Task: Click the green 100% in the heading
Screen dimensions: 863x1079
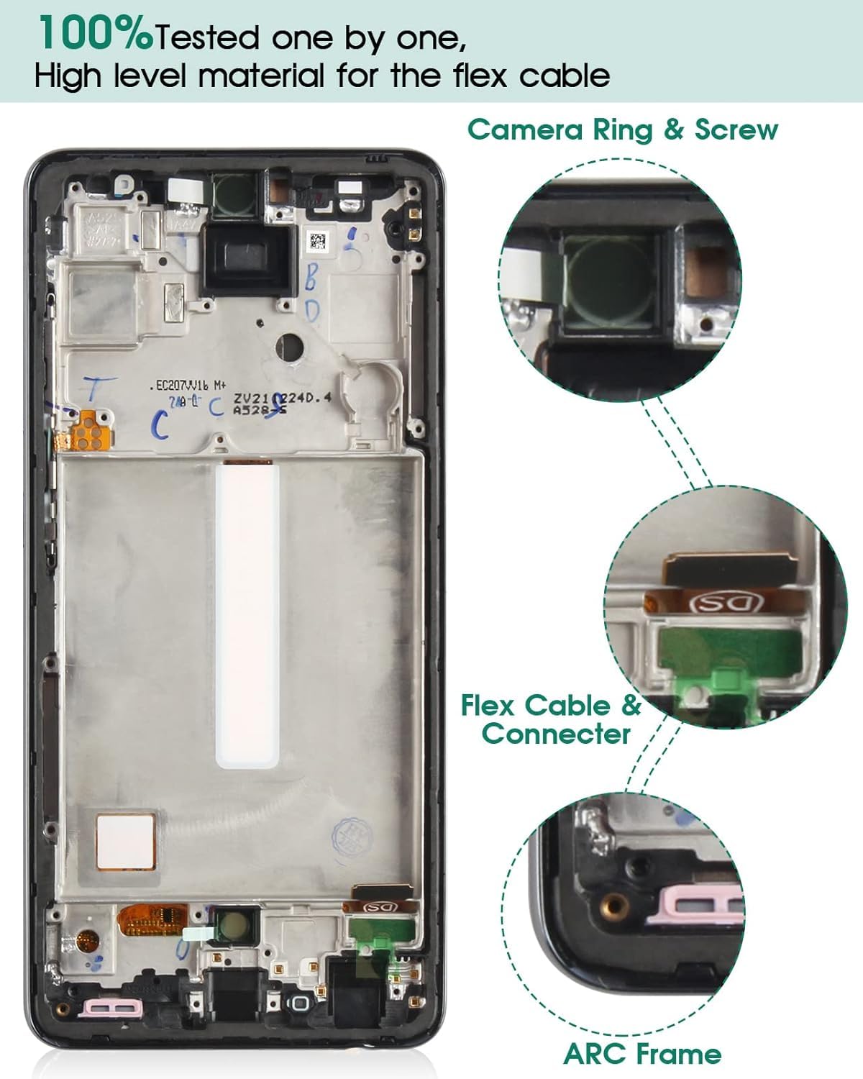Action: [x=95, y=35]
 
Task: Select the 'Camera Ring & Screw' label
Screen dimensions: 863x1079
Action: [x=623, y=130]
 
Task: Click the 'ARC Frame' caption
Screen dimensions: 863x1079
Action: [x=642, y=1054]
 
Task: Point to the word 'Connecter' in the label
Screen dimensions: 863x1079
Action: [x=556, y=734]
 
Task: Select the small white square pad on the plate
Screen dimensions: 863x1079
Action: [x=126, y=841]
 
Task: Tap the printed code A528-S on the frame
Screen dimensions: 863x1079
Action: [x=260, y=410]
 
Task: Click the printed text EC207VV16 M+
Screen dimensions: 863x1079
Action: [x=188, y=386]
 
